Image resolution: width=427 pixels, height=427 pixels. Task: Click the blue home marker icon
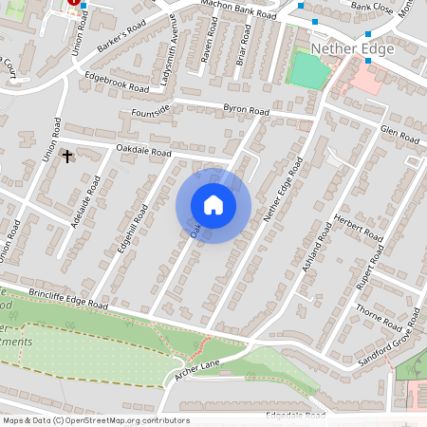click(x=213, y=205)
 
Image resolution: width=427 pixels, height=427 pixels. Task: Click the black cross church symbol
click(x=67, y=155)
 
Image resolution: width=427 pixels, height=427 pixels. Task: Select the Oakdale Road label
click(x=142, y=151)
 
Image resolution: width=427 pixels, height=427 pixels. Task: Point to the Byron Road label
click(x=246, y=111)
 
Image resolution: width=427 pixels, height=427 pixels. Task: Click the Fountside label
click(x=150, y=113)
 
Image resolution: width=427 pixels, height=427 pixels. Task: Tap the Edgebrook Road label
click(x=117, y=84)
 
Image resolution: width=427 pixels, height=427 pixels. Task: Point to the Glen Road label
click(x=399, y=136)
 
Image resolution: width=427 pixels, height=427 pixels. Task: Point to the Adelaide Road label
click(x=85, y=203)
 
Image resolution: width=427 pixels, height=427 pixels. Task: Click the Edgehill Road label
click(x=132, y=228)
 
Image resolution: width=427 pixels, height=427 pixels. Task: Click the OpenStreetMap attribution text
click(x=96, y=420)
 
